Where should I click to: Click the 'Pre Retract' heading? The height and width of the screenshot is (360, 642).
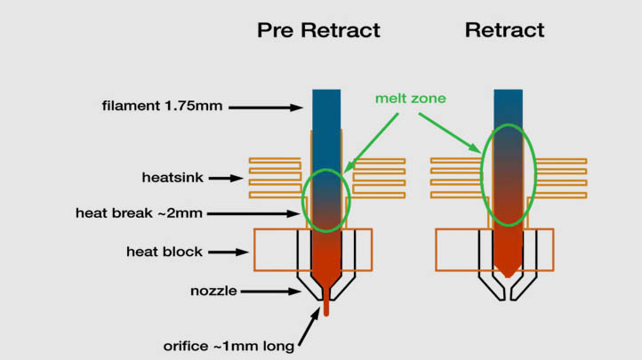click(318, 30)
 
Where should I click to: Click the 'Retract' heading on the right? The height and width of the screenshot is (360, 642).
click(504, 30)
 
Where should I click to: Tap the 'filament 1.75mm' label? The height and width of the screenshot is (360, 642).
click(162, 107)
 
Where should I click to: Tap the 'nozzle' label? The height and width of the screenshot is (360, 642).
click(213, 291)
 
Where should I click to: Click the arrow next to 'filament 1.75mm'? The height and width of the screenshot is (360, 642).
click(264, 108)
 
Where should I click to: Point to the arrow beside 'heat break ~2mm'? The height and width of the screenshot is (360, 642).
click(277, 213)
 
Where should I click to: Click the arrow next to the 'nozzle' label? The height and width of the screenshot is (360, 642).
click(265, 291)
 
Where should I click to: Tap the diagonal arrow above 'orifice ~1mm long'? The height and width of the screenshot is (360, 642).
click(309, 325)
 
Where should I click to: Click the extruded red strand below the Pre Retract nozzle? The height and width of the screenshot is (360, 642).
click(326, 306)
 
